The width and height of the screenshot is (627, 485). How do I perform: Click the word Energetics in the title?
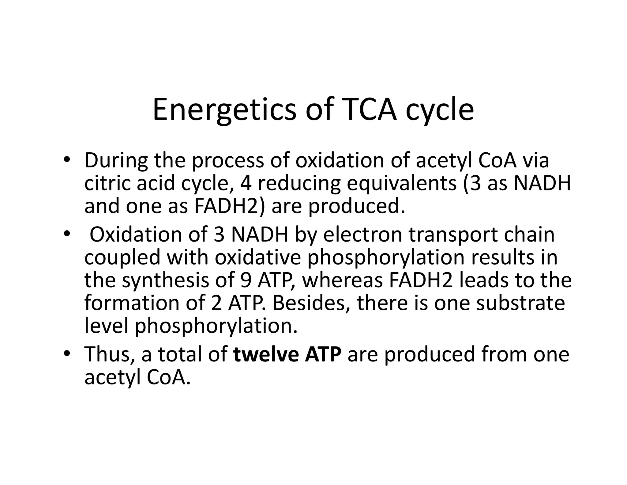click(224, 110)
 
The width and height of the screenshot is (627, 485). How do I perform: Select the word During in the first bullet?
click(116, 160)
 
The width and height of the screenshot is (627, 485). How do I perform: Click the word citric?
click(107, 183)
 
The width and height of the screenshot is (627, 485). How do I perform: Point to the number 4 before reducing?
click(246, 183)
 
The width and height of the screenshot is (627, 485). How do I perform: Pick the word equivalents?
click(402, 183)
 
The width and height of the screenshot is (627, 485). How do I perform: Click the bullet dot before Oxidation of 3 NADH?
click(67, 234)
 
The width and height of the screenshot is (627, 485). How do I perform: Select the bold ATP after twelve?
click(323, 354)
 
